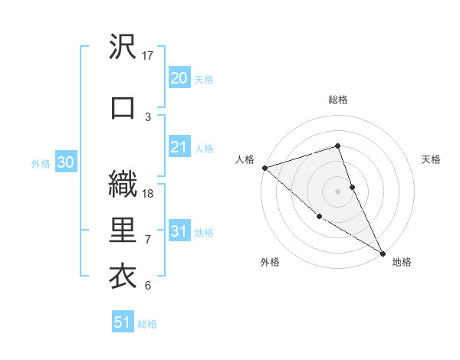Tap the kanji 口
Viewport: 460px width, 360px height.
pos(123,107)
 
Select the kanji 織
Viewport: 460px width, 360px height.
pos(123,185)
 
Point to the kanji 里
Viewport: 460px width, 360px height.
pos(123,231)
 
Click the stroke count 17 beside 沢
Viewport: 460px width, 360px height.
pos(148,56)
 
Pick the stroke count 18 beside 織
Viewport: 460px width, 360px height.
pos(148,194)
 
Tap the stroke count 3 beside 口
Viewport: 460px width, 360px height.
pos(148,116)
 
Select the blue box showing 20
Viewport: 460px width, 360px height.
pos(179,78)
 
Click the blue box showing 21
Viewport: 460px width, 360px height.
pos(179,147)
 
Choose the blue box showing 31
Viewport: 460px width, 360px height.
pos(179,231)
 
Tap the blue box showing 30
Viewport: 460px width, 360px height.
pos(65,162)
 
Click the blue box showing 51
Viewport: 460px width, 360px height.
pos(123,322)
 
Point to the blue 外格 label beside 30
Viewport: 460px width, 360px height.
pos(41,163)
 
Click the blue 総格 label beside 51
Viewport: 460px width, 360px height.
pos(147,324)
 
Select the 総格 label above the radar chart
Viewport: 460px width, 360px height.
pos(338,100)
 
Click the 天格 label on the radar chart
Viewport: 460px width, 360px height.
pos(431,159)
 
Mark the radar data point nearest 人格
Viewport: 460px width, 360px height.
pos(264,168)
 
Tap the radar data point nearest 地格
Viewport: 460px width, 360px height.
pos(383,253)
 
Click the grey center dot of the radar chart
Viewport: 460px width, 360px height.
pos(338,191)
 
